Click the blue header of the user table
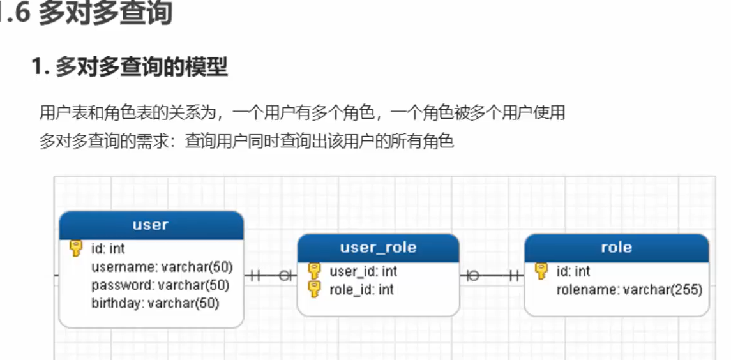pos(151,225)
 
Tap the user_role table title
pos(378,248)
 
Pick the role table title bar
pos(616,248)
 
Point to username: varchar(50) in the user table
pos(162,267)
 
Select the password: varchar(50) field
pos(160,285)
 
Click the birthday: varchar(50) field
pos(155,303)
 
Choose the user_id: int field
pos(363,271)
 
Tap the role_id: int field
pos(361,290)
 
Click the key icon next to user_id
pos(314,271)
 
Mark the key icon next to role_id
pos(314,289)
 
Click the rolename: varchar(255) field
pos(629,290)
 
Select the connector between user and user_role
pos(271,276)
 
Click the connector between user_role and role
pos(492,276)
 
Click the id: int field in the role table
pos(573,271)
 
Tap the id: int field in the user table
pos(109,248)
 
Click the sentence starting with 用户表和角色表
pos(302,114)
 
